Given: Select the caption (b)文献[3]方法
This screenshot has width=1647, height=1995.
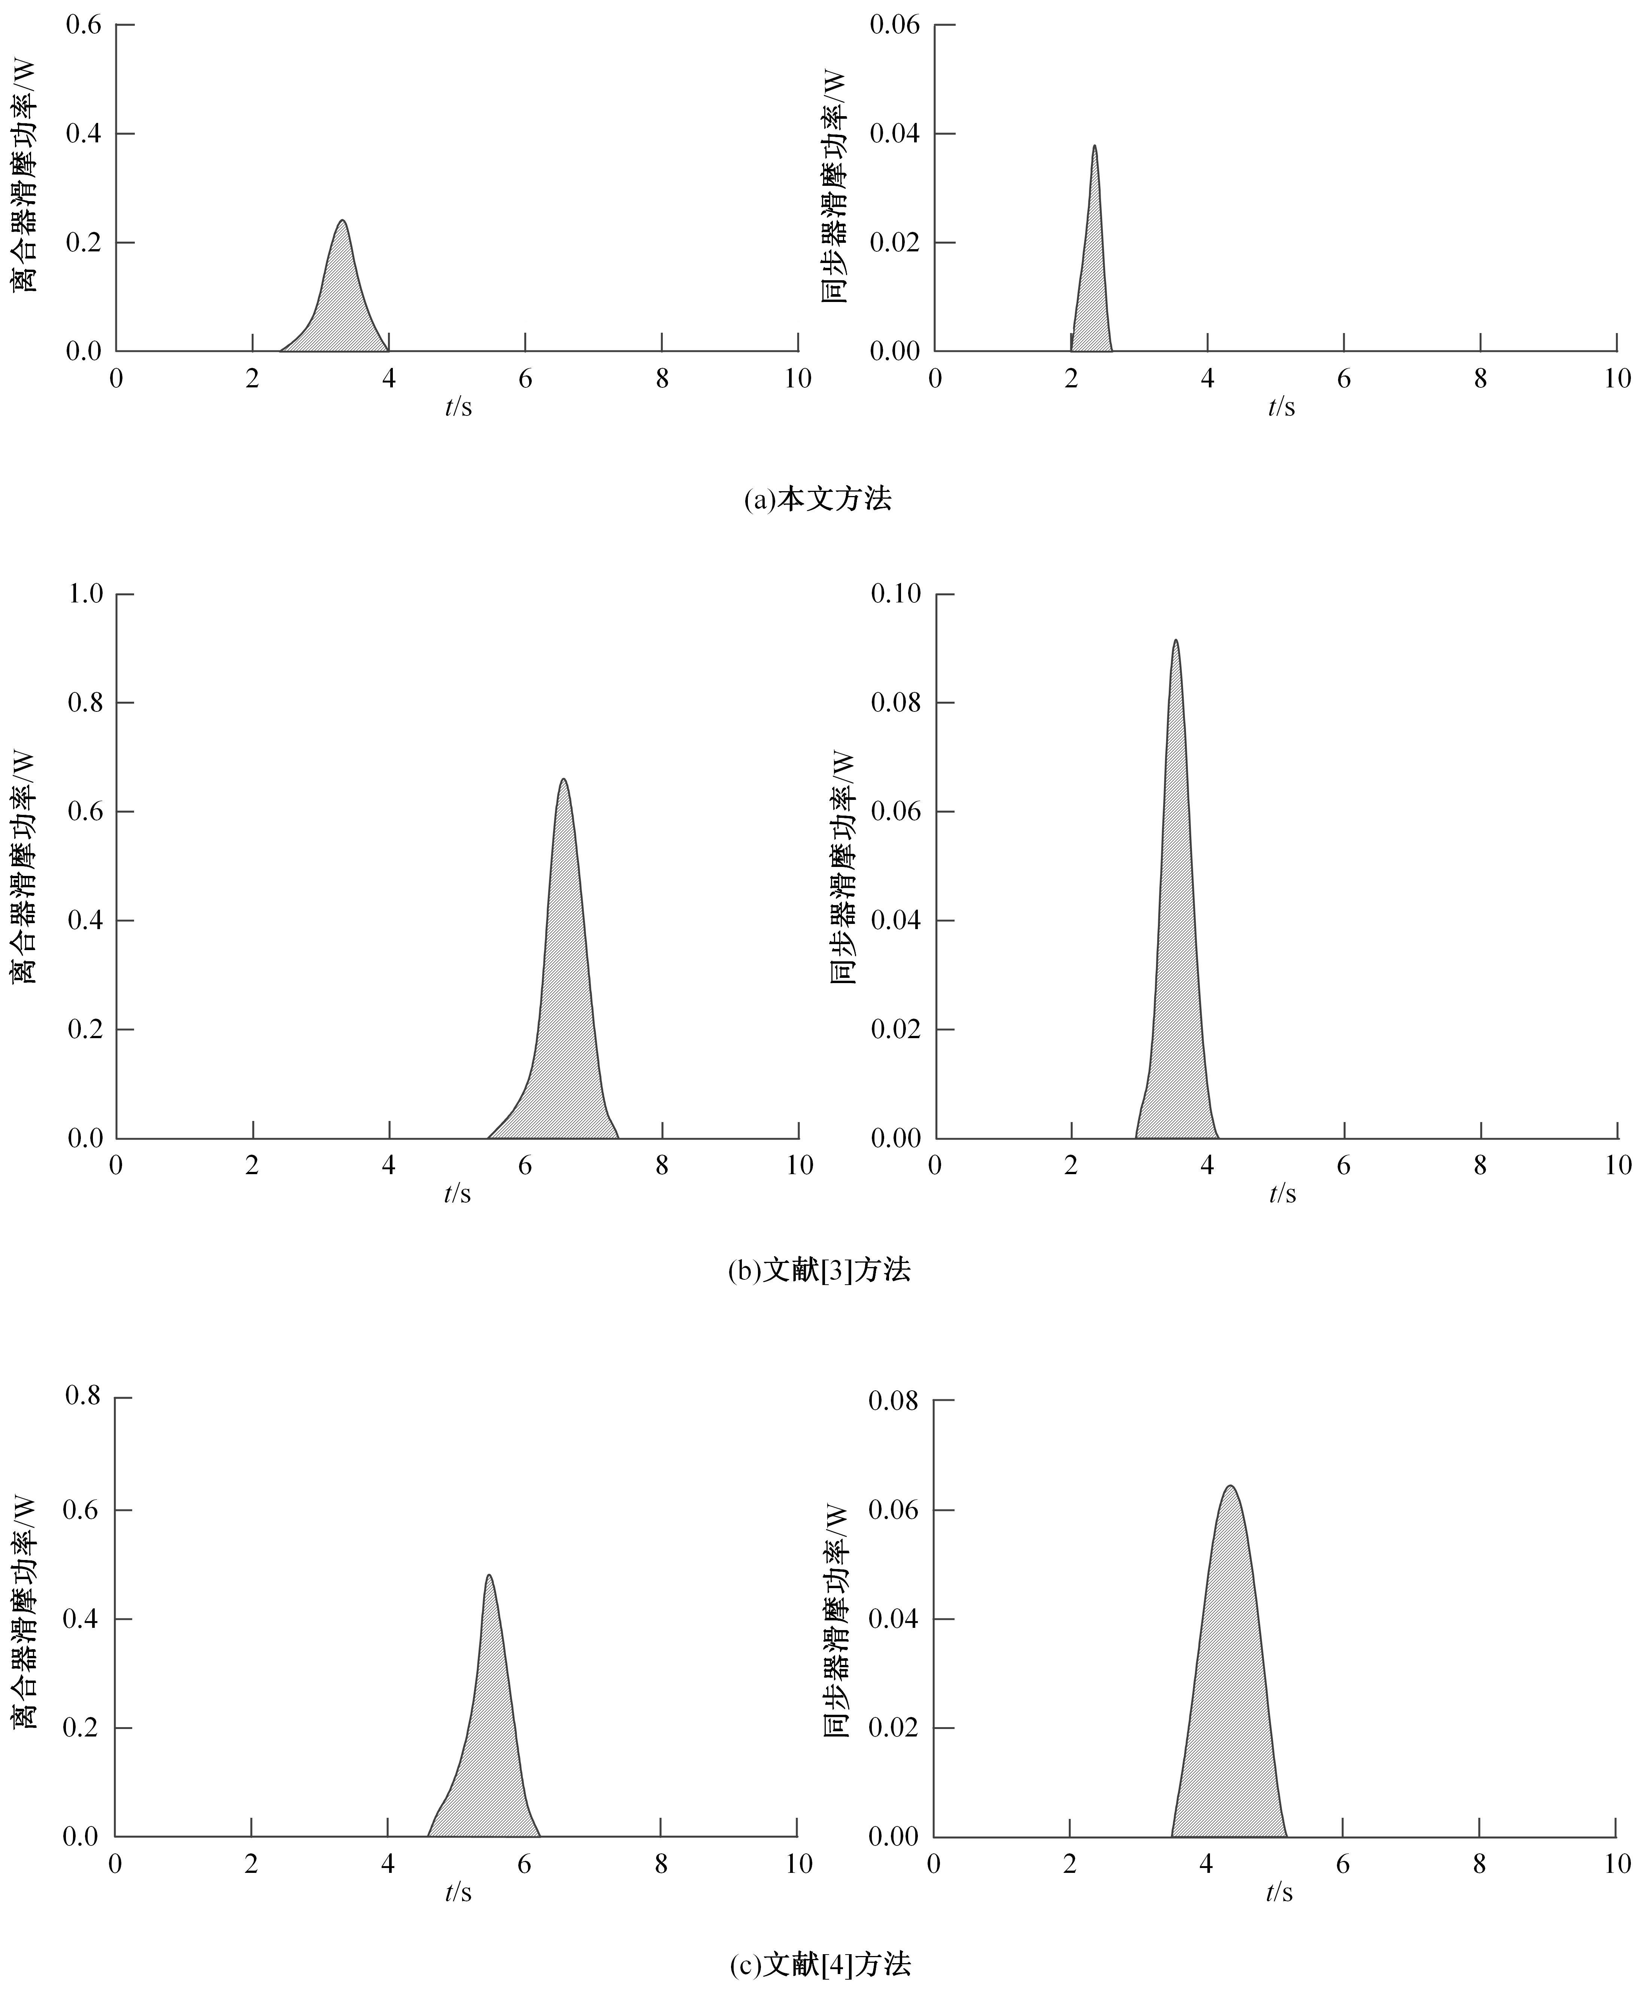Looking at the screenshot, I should click(x=818, y=1270).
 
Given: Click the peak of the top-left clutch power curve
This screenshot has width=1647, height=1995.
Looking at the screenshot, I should click(x=342, y=221).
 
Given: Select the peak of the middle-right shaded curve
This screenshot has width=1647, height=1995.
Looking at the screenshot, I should click(x=1176, y=641).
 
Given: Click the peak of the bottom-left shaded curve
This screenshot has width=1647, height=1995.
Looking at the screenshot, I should click(x=489, y=1575).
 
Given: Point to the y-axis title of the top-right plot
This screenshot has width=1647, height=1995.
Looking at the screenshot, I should click(x=835, y=187).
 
